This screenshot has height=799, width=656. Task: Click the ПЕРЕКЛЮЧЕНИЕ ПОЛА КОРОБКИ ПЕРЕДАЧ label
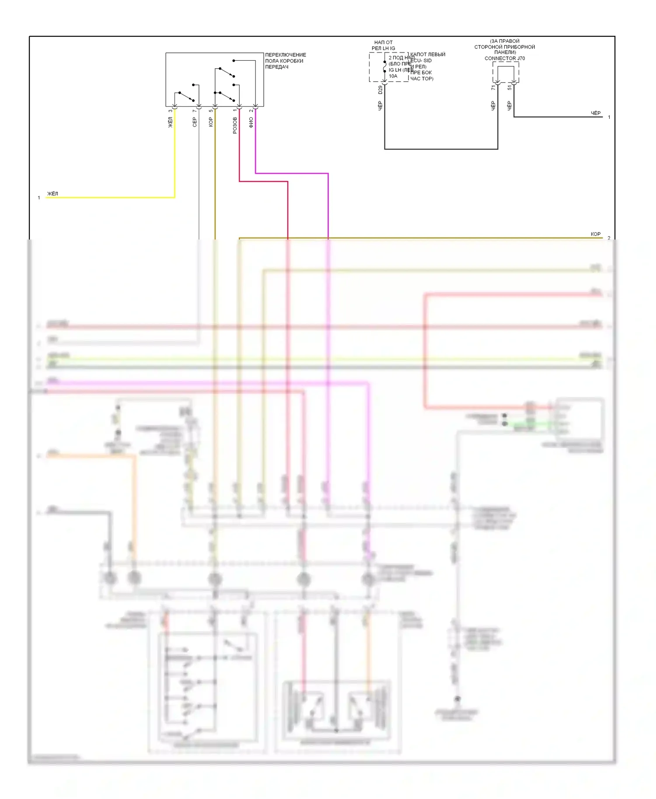pyautogui.click(x=285, y=61)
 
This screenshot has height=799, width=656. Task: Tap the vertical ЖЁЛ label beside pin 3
pyautogui.click(x=171, y=122)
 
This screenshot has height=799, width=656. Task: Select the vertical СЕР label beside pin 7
pyautogui.click(x=195, y=122)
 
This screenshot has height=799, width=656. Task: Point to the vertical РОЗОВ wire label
pyautogui.click(x=235, y=125)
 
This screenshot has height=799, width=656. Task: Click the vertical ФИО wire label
pyautogui.click(x=251, y=123)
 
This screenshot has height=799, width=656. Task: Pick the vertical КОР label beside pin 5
pyautogui.click(x=211, y=122)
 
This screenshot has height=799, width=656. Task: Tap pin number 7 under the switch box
pyautogui.click(x=195, y=111)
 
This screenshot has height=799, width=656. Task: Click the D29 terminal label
pyautogui.click(x=380, y=90)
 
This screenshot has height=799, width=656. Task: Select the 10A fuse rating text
pyautogui.click(x=393, y=76)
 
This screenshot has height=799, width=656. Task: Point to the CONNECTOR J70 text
pyautogui.click(x=505, y=58)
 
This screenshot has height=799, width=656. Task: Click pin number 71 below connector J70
pyautogui.click(x=493, y=88)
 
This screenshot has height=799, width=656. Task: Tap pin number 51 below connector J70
pyautogui.click(x=509, y=88)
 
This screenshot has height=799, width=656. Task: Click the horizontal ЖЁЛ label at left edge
pyautogui.click(x=52, y=194)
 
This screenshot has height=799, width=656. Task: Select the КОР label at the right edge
pyautogui.click(x=596, y=234)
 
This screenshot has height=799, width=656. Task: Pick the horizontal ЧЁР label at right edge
pyautogui.click(x=596, y=113)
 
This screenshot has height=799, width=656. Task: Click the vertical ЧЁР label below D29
pyautogui.click(x=380, y=105)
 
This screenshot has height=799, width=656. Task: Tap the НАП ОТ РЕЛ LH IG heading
pyautogui.click(x=383, y=45)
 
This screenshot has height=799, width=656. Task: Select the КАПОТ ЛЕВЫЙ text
pyautogui.click(x=428, y=55)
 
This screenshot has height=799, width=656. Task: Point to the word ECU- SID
pyautogui.click(x=422, y=61)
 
